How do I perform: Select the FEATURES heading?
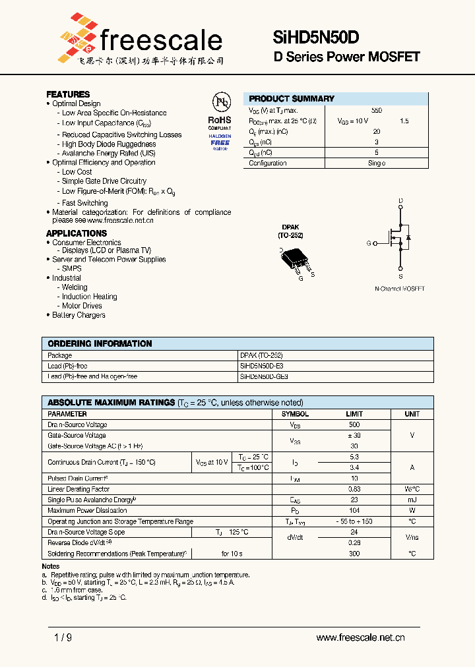68,94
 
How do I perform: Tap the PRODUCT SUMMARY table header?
292,98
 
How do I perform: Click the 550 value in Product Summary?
376,111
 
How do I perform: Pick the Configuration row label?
268,163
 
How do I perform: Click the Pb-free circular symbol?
220,101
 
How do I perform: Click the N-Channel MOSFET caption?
400,289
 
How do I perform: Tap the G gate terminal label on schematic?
369,243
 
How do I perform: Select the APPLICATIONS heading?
77,233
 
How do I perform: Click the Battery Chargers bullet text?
79,315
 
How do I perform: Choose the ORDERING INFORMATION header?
100,343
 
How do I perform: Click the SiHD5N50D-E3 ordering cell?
263,366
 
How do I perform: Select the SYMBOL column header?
295,414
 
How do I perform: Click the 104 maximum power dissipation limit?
354,510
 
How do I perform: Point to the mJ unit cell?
412,500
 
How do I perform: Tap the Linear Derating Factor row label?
79,489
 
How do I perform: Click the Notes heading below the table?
51,566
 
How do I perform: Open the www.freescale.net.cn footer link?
360,637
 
